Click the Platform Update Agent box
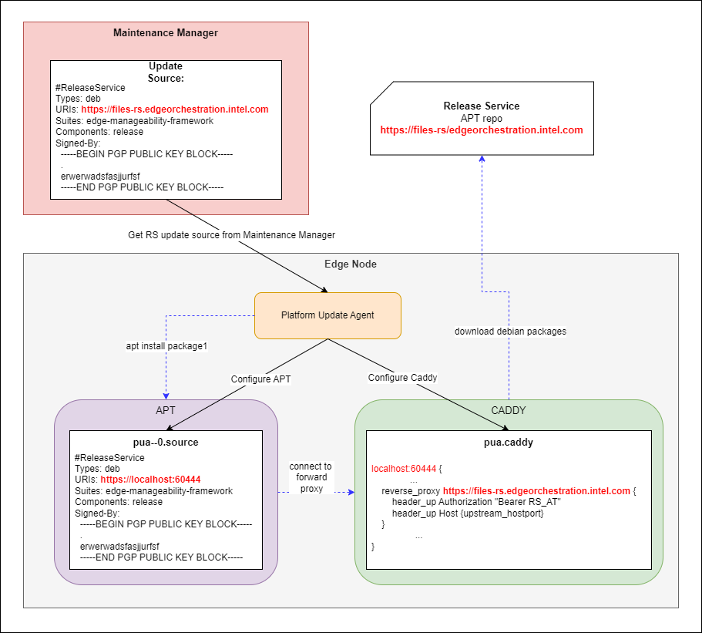[327, 315]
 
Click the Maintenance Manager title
[166, 33]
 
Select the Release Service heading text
[482, 106]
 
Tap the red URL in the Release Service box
[482, 130]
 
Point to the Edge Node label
[351, 264]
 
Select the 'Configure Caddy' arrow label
[402, 378]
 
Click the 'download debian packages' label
[510, 332]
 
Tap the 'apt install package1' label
[167, 346]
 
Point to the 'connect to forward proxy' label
[311, 476]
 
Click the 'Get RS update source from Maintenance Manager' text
[231, 234]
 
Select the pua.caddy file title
[509, 443]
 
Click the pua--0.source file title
[166, 443]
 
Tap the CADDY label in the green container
[509, 411]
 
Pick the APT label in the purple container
[166, 411]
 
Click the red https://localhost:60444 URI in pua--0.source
[150, 480]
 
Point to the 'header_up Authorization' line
[475, 502]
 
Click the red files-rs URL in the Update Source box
[175, 109]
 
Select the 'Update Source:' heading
[166, 72]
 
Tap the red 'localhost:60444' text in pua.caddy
[405, 468]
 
